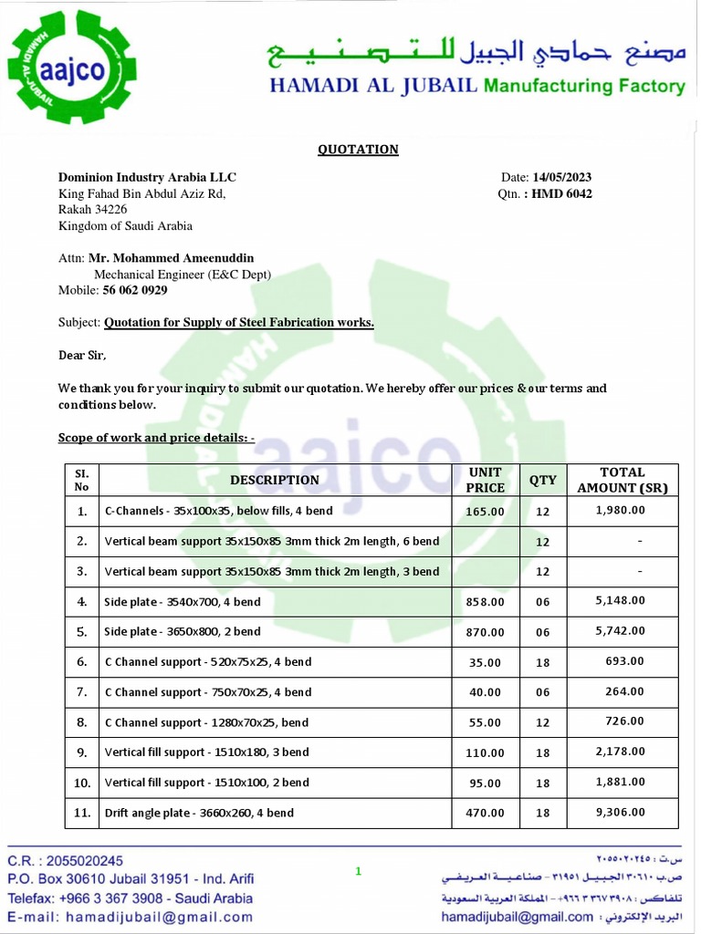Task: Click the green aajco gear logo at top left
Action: [x=71, y=67]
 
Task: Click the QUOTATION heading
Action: [x=358, y=150]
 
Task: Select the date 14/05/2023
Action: [x=561, y=177]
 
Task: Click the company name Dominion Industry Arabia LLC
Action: [x=147, y=177]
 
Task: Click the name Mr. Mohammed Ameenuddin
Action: [x=171, y=258]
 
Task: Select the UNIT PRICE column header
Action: [x=485, y=480]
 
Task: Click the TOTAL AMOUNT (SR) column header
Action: [x=623, y=480]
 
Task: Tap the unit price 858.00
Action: [x=485, y=602]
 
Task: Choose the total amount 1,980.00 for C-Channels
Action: [x=620, y=511]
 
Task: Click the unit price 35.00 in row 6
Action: [x=485, y=662]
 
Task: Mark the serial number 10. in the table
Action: [x=82, y=783]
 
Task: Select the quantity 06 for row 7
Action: [x=543, y=692]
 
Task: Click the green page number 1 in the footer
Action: [x=358, y=871]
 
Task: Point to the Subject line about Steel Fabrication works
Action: [x=238, y=322]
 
